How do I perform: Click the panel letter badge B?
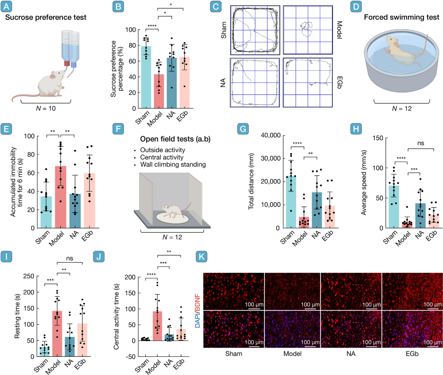[118, 6]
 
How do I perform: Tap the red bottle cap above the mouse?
[66, 63]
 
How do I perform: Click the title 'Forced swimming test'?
[401, 17]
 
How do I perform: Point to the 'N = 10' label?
[46, 108]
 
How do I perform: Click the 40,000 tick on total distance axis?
[270, 135]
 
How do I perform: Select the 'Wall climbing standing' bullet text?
[173, 164]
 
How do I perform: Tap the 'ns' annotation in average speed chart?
[421, 143]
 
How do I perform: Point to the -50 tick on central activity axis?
[130, 356]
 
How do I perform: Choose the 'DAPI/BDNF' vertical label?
[198, 311]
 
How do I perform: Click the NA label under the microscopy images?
[351, 354]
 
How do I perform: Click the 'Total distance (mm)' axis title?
[251, 181]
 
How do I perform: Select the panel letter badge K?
[201, 256]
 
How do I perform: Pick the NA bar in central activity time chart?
[169, 337]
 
